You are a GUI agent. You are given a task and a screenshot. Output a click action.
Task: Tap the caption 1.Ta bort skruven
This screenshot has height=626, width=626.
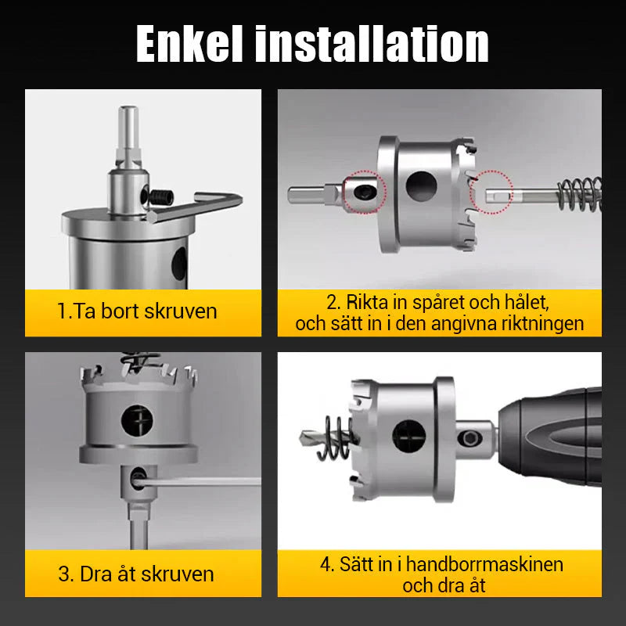pos(137,311)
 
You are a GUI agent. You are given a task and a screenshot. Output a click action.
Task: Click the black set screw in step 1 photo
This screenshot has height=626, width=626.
pos(160,199)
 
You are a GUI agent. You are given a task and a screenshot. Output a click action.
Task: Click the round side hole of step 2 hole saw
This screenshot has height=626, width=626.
pos(421,184)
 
